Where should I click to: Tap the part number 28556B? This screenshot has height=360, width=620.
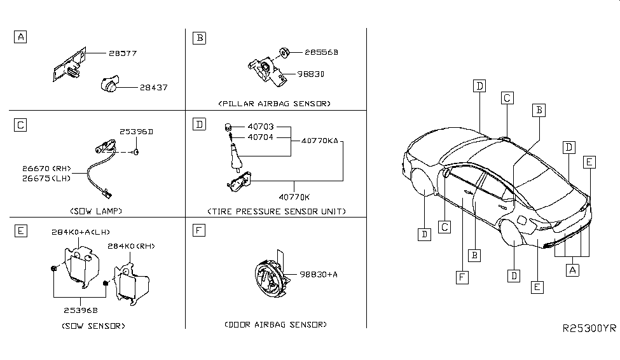[x=321, y=53]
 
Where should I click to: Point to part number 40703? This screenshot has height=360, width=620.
[x=261, y=127]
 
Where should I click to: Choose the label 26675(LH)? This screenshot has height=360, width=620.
[x=46, y=179]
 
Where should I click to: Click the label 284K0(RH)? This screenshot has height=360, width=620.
[x=132, y=246]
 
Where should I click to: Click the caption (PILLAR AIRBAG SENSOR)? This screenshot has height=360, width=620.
[x=275, y=103]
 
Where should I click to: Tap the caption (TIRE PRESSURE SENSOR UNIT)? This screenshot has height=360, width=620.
[x=276, y=211]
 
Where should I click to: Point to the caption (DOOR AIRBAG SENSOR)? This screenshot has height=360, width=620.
[x=275, y=324]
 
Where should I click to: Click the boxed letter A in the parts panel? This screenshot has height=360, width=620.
[x=21, y=38]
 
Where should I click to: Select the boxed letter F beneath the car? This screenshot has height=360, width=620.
[x=460, y=276]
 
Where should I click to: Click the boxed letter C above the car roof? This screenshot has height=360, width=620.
[x=507, y=98]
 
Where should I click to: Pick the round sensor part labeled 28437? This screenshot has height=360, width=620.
[x=111, y=85]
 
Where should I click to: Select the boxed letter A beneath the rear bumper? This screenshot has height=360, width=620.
[x=572, y=270]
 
